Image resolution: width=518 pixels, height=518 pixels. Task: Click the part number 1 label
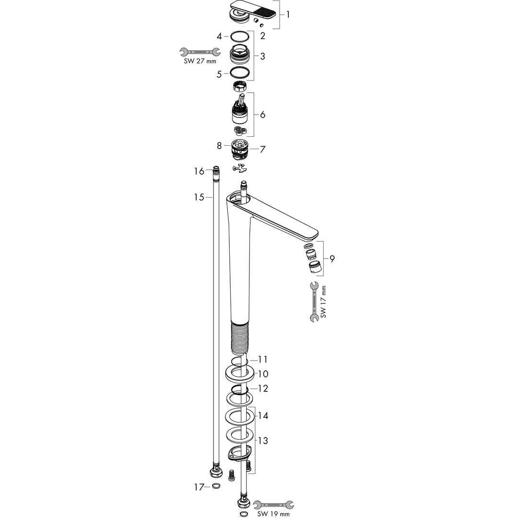coord(288,14)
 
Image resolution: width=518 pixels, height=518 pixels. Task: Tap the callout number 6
coord(263,115)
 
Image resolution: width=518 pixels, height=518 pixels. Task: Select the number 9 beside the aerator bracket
coord(332,259)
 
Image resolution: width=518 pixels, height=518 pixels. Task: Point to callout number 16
coord(199,171)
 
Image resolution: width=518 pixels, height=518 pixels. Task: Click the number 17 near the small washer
coord(199,487)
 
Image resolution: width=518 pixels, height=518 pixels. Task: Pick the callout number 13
coord(263,440)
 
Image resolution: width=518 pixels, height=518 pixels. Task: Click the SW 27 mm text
coord(200,61)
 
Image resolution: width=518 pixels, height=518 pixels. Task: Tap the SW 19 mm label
coord(273,514)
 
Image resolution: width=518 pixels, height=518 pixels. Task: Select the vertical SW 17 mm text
coord(323,302)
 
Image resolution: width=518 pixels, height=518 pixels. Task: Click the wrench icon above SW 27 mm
coord(200,52)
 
